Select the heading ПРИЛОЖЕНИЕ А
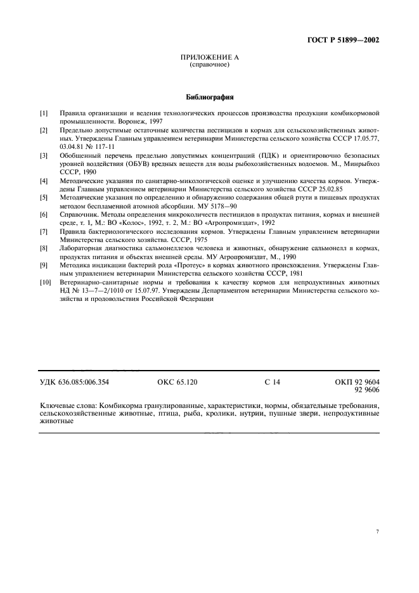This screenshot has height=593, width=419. click(x=209, y=58)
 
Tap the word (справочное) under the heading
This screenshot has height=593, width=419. click(x=209, y=65)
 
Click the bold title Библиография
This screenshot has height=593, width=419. click(x=209, y=98)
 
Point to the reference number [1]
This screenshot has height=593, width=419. click(x=44, y=113)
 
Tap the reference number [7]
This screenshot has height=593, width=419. click(x=44, y=232)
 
